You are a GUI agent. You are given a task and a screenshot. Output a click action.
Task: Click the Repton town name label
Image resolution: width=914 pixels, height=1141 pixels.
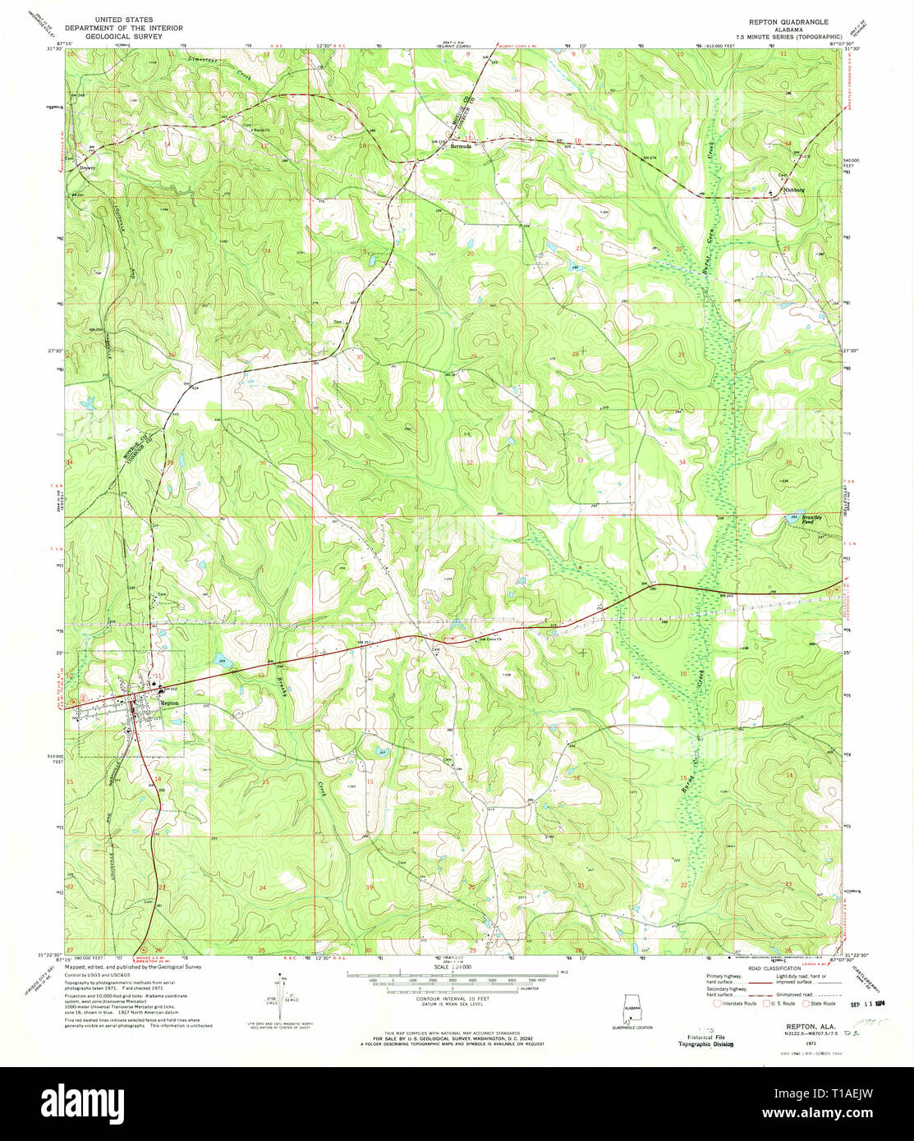point(169,703)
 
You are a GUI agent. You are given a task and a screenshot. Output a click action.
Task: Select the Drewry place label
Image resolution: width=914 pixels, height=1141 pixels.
point(87,167)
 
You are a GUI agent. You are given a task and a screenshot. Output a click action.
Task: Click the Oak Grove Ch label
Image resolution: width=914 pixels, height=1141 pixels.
point(490,642)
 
